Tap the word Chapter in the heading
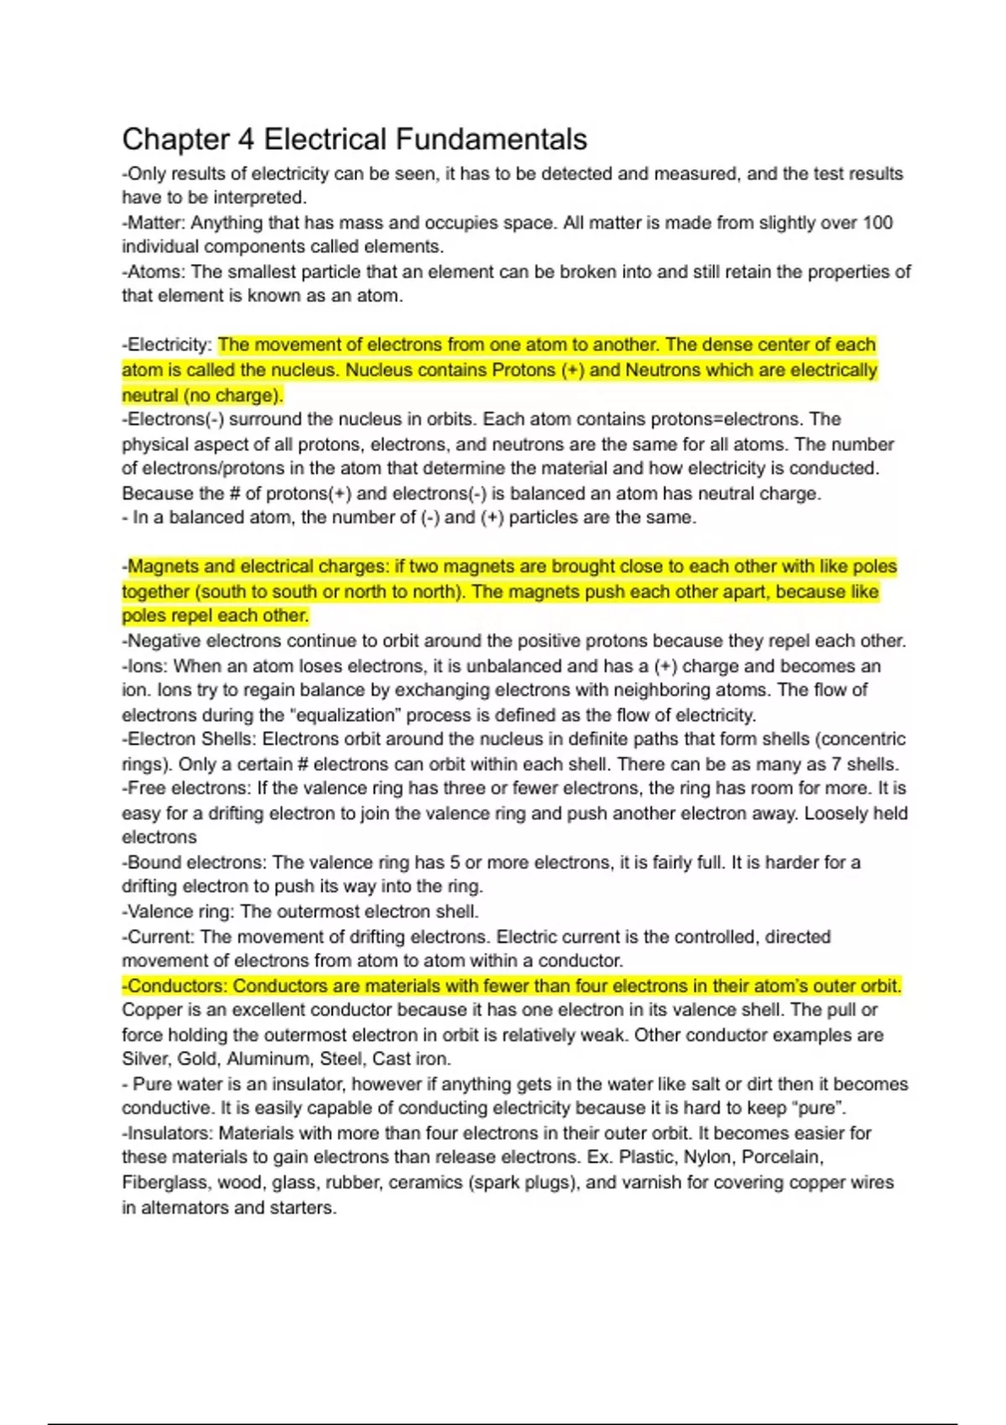click(176, 139)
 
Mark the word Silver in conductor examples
click(145, 1060)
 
